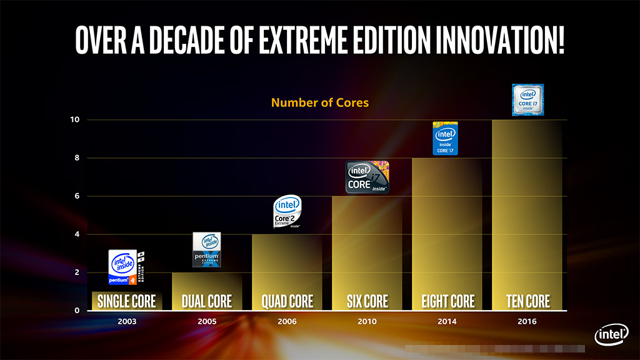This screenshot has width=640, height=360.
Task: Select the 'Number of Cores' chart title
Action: (x=320, y=102)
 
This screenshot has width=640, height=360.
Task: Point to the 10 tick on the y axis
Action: (x=74, y=119)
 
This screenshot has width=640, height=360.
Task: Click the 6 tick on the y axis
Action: (x=77, y=196)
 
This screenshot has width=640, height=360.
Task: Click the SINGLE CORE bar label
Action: (x=127, y=301)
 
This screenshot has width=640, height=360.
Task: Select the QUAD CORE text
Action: (x=287, y=301)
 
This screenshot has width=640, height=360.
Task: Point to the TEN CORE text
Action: (x=528, y=301)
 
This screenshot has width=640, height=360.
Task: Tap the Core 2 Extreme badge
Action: (x=287, y=212)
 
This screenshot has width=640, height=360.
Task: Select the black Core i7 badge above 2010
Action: (x=367, y=177)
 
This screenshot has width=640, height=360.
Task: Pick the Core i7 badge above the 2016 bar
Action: (x=527, y=100)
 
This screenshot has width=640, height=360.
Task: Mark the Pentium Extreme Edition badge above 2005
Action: (x=206, y=249)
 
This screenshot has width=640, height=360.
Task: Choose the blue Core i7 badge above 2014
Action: (x=446, y=138)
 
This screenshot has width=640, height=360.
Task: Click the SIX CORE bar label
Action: (x=367, y=301)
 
